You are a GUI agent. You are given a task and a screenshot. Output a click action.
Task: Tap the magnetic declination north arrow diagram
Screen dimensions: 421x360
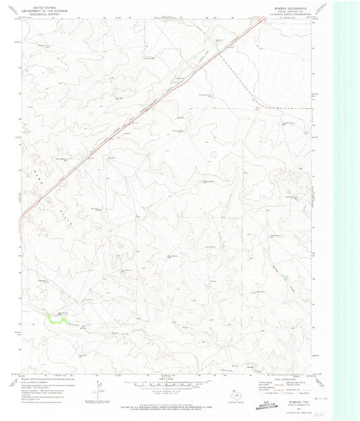[98, 387]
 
